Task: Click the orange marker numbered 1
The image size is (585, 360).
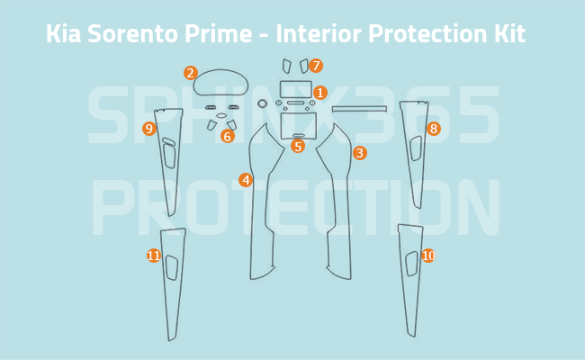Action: (320, 93)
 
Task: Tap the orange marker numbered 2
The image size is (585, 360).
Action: (190, 73)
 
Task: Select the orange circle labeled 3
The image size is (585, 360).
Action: (359, 153)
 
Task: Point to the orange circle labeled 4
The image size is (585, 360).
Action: (246, 180)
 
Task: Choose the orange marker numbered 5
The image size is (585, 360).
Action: (298, 146)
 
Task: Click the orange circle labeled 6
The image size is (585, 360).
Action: (228, 137)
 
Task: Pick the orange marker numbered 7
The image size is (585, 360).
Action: (316, 66)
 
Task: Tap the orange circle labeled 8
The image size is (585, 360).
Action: (434, 129)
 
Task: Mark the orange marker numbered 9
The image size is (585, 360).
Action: (149, 129)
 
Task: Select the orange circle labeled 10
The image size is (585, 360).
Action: (427, 256)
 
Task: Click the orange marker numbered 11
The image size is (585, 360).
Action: (154, 256)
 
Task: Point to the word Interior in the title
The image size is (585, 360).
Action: (318, 34)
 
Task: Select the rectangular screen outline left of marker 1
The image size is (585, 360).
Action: (296, 89)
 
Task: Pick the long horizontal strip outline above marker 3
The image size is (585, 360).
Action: (359, 109)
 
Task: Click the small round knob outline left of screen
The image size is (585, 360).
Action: (263, 103)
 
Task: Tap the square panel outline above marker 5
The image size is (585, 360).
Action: (296, 125)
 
